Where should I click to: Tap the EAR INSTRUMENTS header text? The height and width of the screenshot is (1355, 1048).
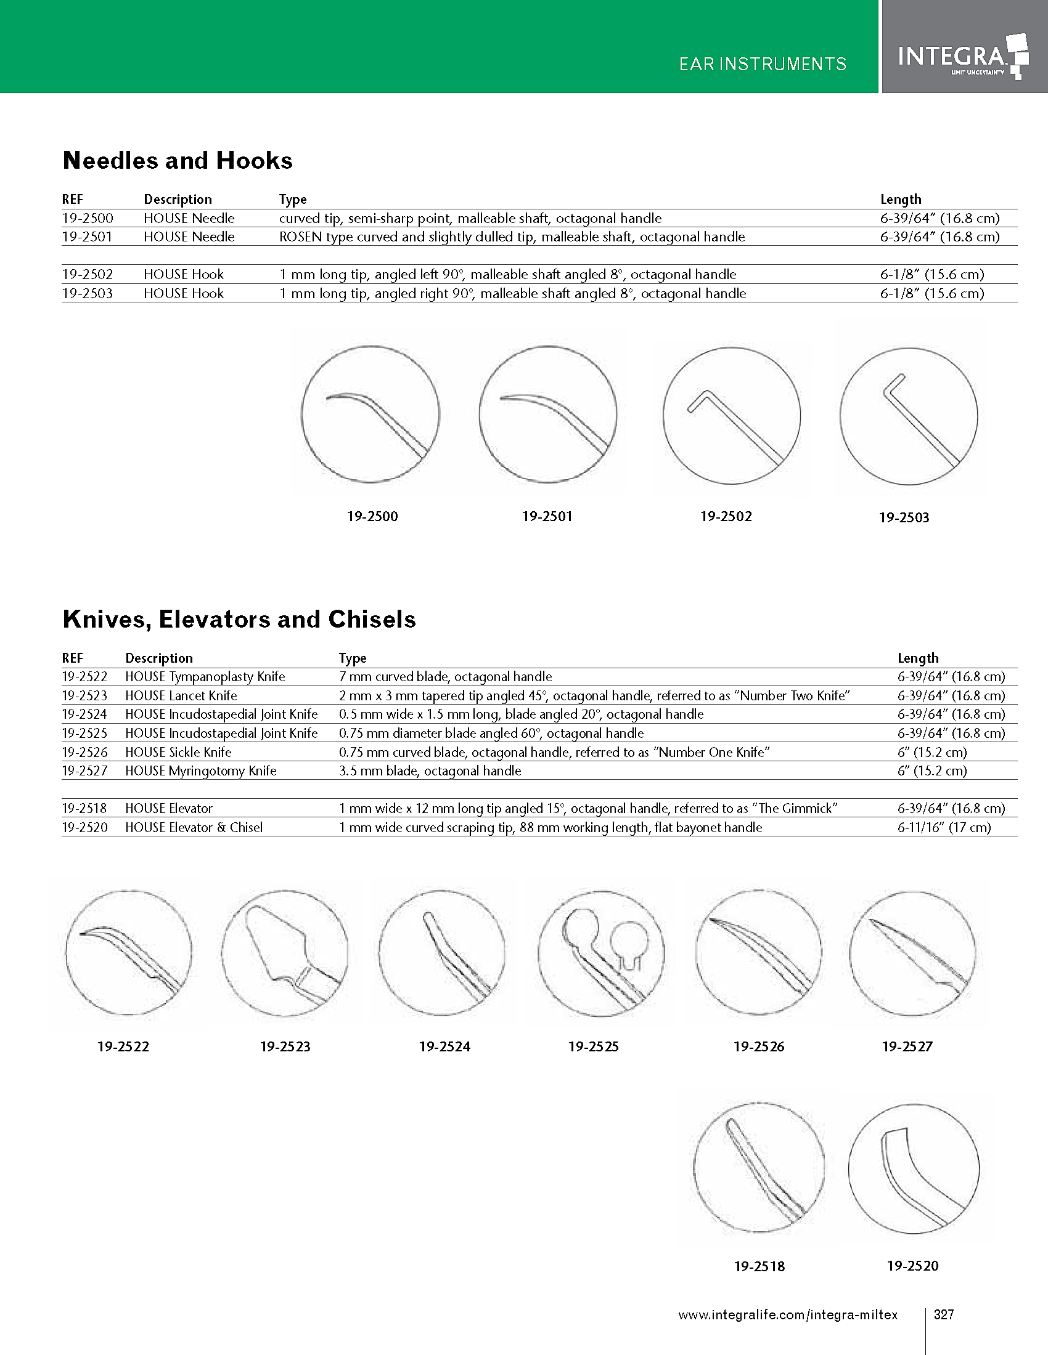[x=763, y=65]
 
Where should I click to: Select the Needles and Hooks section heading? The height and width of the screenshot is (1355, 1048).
[x=178, y=161]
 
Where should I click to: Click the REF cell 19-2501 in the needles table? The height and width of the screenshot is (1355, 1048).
[x=88, y=237]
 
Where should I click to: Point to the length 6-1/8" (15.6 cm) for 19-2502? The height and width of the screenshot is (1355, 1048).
[x=932, y=274]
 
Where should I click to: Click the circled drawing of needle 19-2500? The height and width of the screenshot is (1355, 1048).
[x=370, y=415]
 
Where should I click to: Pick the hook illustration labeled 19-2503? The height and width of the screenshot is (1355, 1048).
[x=908, y=416]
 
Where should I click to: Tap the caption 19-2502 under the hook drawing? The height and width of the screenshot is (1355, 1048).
[x=726, y=517]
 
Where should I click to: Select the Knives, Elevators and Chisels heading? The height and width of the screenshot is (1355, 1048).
[x=239, y=620]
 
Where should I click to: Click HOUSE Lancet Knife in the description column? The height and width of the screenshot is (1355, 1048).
[x=181, y=696]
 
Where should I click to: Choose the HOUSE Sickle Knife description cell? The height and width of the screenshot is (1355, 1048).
[x=178, y=753]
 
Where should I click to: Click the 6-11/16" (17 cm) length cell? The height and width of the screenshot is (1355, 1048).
[x=944, y=828]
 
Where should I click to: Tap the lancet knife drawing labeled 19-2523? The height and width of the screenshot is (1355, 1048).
[x=284, y=953]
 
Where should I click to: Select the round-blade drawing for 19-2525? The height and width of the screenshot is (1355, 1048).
[x=601, y=953]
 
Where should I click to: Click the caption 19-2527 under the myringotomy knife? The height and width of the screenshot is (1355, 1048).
[x=907, y=1047]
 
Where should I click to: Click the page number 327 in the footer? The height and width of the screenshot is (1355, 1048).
[x=944, y=1315]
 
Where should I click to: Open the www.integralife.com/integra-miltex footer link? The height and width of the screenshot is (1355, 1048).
[x=787, y=1316]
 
